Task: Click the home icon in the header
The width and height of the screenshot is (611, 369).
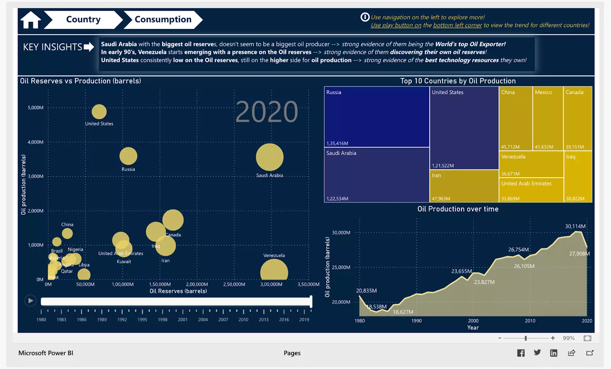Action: (31, 20)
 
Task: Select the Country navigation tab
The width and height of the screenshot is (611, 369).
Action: (83, 19)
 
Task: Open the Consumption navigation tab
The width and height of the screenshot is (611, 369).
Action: (163, 19)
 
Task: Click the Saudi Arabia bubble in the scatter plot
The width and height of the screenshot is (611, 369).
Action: (270, 157)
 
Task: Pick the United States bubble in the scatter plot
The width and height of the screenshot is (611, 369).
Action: (99, 112)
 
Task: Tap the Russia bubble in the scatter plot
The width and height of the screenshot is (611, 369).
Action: (128, 156)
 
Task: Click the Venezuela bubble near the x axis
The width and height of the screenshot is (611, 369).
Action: (274, 270)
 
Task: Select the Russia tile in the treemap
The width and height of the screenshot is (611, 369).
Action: (377, 117)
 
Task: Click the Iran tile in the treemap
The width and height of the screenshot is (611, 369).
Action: (464, 186)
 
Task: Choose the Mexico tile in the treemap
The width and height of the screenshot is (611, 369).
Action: (548, 118)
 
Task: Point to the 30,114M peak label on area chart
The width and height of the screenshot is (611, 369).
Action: (575, 226)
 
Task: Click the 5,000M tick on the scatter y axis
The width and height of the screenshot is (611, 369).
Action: (36, 108)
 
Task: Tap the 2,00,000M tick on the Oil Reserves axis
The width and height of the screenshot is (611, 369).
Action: (197, 284)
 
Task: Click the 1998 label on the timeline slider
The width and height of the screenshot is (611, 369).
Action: (163, 320)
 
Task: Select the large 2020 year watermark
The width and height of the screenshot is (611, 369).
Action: (267, 112)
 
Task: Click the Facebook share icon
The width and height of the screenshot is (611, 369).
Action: (521, 353)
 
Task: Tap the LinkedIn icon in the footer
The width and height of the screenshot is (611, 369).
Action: (553, 353)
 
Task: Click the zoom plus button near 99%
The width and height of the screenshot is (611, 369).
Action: (553, 338)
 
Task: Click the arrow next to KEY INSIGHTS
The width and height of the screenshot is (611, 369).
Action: (89, 47)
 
